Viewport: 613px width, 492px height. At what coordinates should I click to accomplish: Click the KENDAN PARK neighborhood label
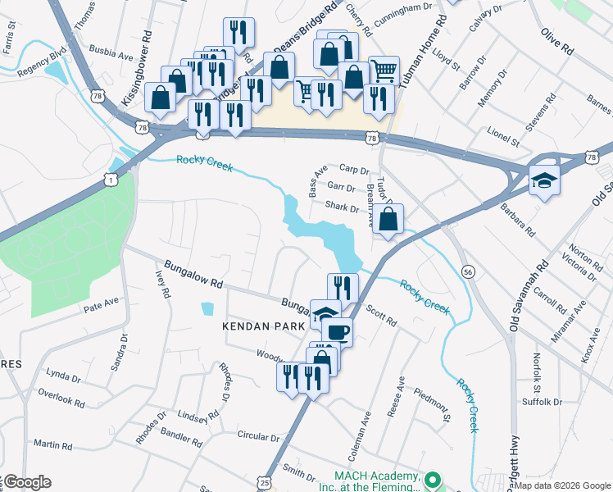[x=264, y=326]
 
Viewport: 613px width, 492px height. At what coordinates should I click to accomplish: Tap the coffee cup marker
[x=337, y=332]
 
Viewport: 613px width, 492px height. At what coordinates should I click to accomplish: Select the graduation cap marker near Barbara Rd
[x=543, y=179]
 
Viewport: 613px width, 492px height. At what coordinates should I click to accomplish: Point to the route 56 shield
[x=468, y=271]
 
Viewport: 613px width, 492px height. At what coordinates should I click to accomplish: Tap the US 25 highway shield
[x=265, y=484]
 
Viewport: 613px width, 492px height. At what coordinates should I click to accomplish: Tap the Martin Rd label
[x=53, y=445]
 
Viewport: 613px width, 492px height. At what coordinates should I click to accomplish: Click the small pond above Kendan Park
[x=207, y=309]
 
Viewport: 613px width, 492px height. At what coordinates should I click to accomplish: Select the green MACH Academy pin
[x=434, y=479]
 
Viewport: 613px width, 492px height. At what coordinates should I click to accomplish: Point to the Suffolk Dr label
[x=542, y=402]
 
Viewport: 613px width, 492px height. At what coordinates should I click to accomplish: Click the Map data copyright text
[x=562, y=485]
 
